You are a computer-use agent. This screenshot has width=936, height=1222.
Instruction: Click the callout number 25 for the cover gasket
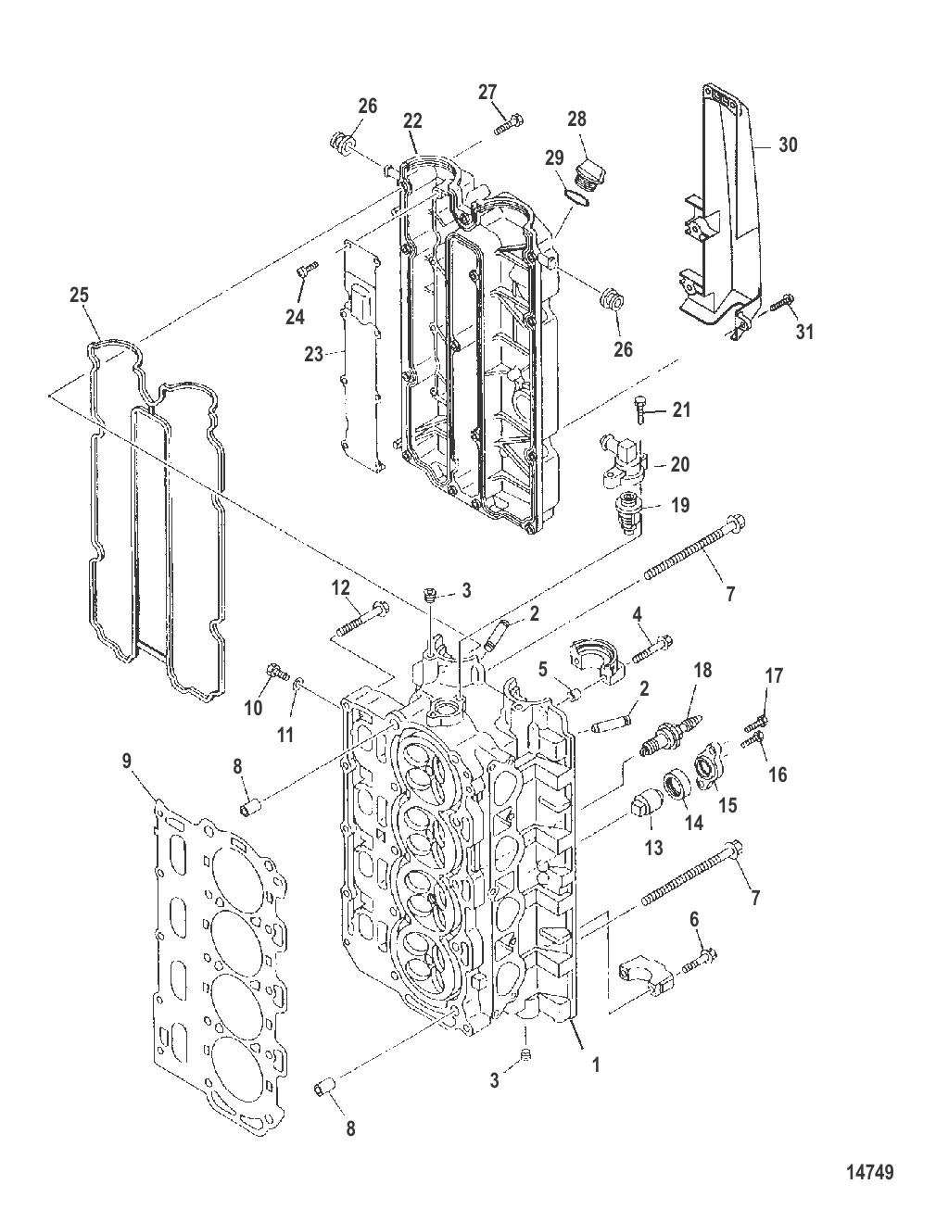coord(80,296)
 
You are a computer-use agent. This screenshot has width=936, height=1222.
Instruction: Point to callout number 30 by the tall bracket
coord(788,145)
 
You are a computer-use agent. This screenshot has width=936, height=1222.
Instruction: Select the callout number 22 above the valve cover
coord(412,121)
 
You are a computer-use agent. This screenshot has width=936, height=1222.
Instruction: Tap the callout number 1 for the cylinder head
coord(596,1065)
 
